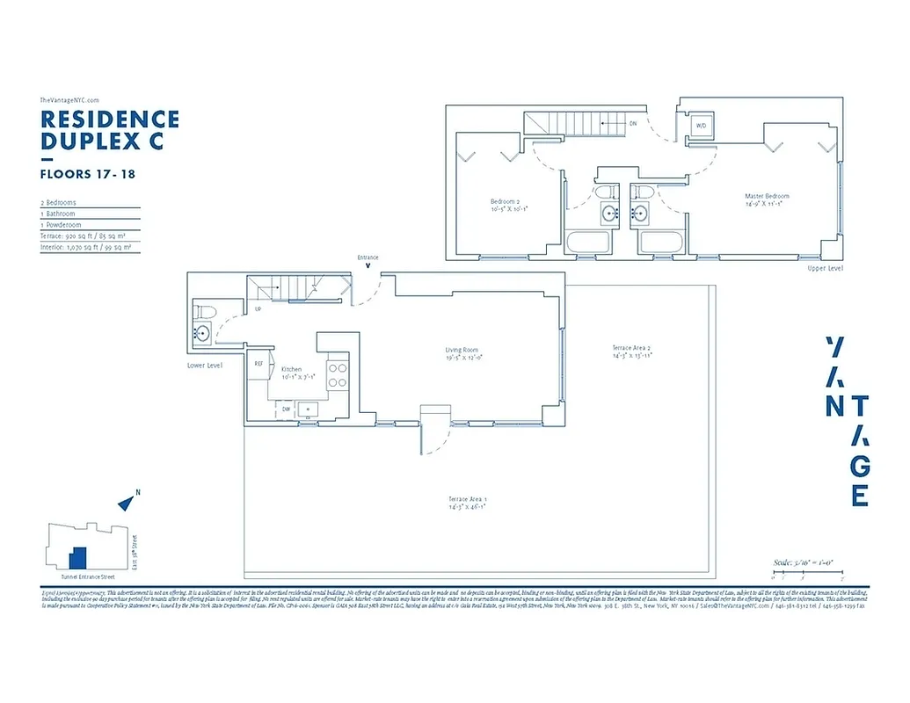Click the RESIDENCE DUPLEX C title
[x=110, y=129]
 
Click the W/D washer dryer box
[x=702, y=126]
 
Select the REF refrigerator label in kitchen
[x=259, y=363]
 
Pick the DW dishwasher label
[x=286, y=409]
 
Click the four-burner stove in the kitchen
[x=339, y=376]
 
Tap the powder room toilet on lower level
[x=201, y=311]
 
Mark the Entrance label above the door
[x=368, y=257]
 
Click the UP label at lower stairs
[x=257, y=309]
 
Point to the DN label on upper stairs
[x=632, y=124]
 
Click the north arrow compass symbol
[x=127, y=503]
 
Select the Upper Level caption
[x=824, y=268]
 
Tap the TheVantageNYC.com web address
[x=69, y=100]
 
